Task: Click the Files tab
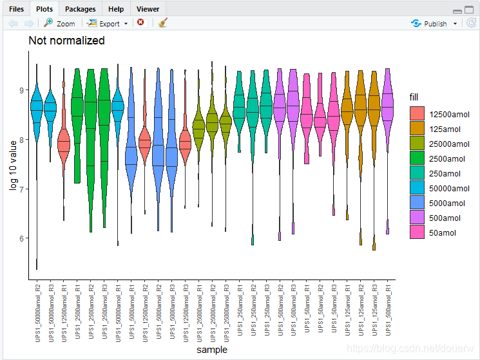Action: click(16, 9)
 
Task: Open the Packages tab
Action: click(80, 9)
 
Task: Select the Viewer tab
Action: click(148, 9)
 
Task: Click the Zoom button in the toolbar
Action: click(59, 23)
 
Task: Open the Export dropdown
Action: click(108, 23)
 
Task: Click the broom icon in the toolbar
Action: click(163, 23)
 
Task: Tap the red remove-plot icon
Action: click(140, 23)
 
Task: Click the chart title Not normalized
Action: click(66, 41)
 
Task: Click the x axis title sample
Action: click(211, 349)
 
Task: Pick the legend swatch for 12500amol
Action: click(417, 114)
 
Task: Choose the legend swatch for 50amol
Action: click(417, 232)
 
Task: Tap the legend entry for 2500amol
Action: click(447, 158)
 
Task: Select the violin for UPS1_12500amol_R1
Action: click(63, 145)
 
